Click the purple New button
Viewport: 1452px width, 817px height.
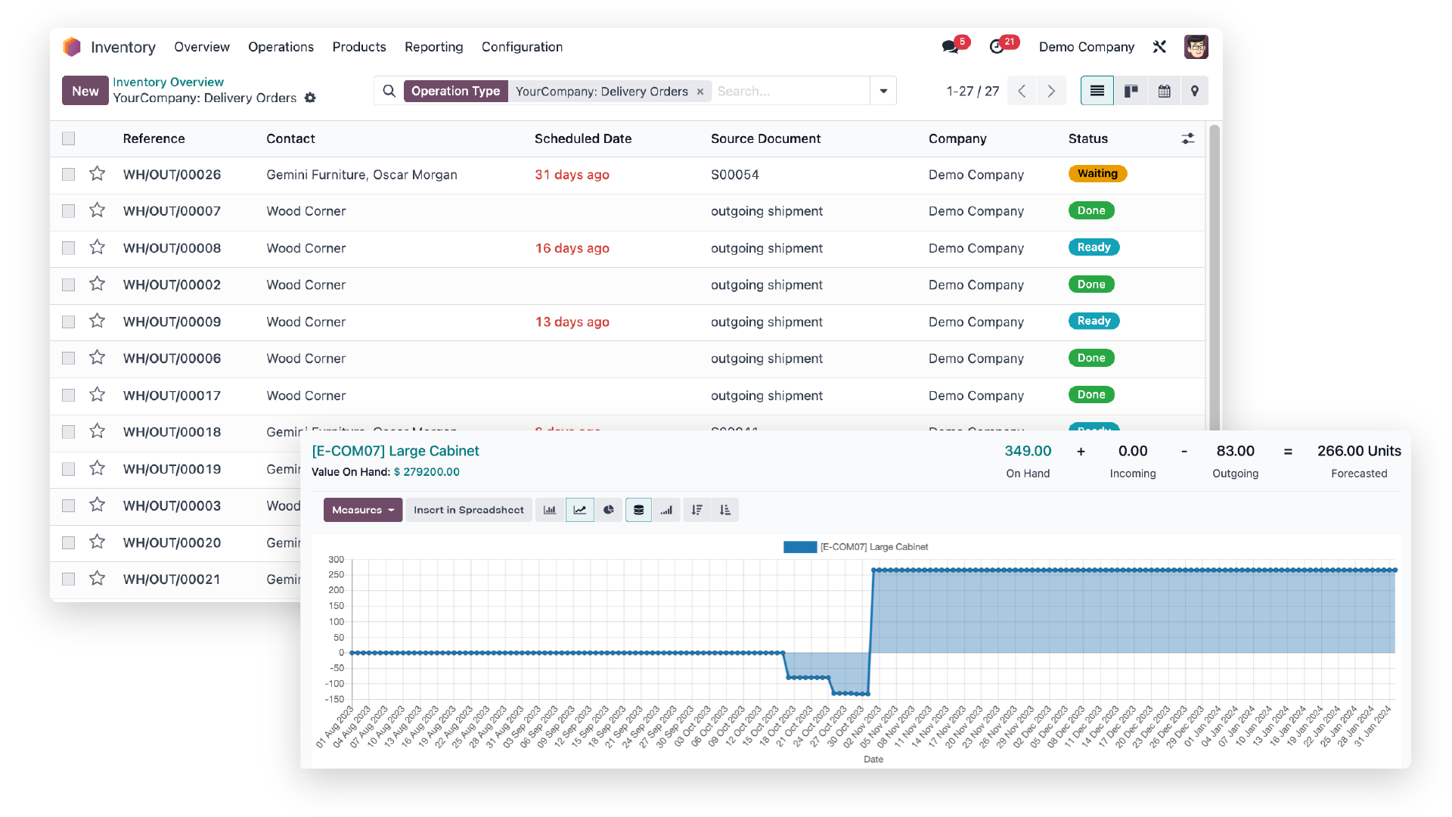(x=85, y=91)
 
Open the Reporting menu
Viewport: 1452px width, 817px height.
(x=433, y=47)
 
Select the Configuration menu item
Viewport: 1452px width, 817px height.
(x=522, y=47)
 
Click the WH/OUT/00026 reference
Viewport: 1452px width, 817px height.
(x=172, y=175)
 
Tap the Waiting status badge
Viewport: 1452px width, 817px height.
(x=1097, y=174)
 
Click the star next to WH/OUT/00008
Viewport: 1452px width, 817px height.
(x=97, y=247)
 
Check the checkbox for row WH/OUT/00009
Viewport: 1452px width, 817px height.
(x=69, y=322)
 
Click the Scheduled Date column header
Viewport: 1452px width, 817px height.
(x=582, y=138)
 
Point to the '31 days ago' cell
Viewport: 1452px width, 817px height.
(x=572, y=175)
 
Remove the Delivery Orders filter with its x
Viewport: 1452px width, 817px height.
(x=700, y=92)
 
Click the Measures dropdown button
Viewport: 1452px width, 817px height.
(x=362, y=510)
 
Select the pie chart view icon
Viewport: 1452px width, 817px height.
(x=609, y=510)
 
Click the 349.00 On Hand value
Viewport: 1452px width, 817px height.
(x=1028, y=452)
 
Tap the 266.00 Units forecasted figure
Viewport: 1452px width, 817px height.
(x=1358, y=452)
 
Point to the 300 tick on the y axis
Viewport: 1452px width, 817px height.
(x=336, y=560)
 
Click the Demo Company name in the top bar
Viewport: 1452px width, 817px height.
(x=1086, y=47)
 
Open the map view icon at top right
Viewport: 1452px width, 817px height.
(x=1194, y=91)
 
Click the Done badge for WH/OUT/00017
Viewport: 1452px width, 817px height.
(x=1091, y=395)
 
